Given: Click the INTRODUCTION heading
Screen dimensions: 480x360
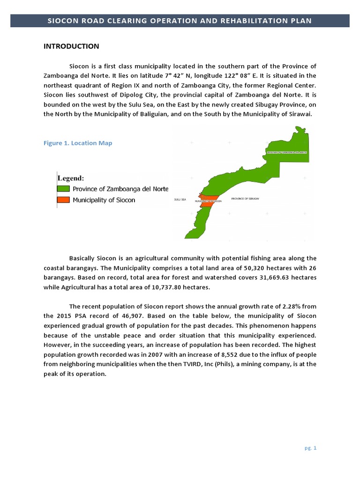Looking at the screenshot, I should coord(71,46).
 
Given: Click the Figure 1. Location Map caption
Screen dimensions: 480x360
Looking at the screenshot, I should coord(78,143).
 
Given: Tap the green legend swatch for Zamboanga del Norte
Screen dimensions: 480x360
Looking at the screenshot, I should coord(64,189).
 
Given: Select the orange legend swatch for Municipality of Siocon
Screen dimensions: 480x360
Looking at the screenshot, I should coord(64,200).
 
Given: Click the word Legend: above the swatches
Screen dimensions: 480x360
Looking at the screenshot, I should coord(71,178).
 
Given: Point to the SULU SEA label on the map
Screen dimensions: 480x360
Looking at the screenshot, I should coord(180,200).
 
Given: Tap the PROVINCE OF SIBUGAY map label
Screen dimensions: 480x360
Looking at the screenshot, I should coord(245,199).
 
